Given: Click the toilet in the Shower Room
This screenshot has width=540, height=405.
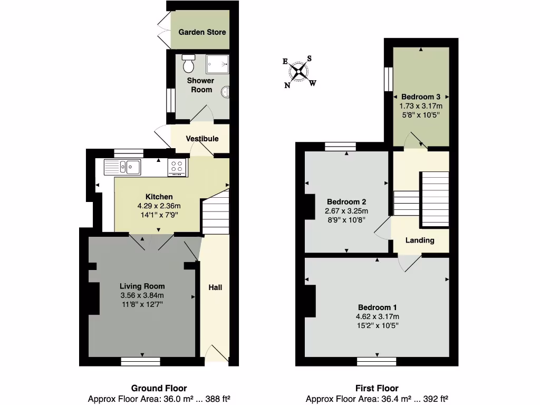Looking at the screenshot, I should pos(188,64).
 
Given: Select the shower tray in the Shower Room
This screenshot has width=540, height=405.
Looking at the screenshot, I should pos(217,64).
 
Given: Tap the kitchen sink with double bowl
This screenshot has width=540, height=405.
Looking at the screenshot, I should pos(122,167).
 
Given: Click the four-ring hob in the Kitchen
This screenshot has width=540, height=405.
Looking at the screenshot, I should pos(178,167).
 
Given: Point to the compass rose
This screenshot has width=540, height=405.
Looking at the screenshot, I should pos(300,71).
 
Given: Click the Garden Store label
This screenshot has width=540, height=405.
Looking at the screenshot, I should pos(202,32).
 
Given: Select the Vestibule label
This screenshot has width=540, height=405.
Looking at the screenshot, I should pos(202,139).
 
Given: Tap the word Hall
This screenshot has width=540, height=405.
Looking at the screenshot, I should pos(215,287).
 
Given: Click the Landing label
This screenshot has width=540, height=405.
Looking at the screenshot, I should pos(420,240).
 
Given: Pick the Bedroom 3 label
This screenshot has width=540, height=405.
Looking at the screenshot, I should pos(421,97).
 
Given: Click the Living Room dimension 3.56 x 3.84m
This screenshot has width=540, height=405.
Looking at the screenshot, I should pos(142,295).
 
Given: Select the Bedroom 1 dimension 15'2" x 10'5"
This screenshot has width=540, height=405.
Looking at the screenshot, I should pos(377,325).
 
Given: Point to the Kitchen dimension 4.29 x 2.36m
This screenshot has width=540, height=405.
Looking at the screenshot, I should pos(159,206).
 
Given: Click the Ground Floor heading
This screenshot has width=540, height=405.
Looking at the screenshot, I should pos(159,389).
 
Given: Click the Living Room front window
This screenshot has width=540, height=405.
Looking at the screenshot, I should pos(140,361).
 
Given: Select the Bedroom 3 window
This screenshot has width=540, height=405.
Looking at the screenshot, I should pos(388,79).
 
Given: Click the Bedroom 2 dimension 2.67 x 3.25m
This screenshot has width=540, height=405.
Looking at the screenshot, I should pos(346,211).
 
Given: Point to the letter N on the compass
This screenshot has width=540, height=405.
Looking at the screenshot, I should pos(287,86).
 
